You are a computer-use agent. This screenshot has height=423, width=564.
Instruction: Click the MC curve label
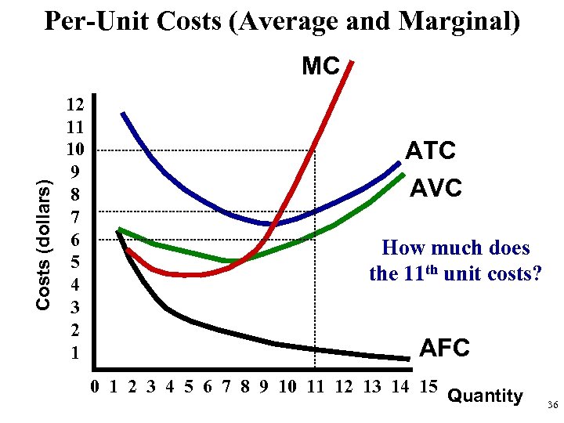[x=320, y=67]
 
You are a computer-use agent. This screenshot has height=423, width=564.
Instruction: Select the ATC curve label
[x=430, y=150]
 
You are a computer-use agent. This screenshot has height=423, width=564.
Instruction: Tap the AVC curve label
[x=437, y=188]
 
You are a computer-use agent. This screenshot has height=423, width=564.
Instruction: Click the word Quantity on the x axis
[x=485, y=396]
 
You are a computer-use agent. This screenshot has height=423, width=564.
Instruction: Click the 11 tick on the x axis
[x=315, y=386]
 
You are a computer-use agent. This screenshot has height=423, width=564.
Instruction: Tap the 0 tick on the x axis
[x=95, y=386]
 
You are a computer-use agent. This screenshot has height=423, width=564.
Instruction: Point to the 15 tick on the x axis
[x=428, y=386]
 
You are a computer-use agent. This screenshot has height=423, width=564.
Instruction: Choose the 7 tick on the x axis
[x=226, y=386]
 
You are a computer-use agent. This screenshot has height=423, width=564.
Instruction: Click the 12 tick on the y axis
[x=75, y=103]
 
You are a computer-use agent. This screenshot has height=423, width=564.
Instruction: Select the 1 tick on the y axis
[x=75, y=353]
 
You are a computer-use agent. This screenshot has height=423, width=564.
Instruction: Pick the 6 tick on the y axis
[x=75, y=239]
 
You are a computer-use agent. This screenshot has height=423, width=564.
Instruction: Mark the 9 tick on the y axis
[x=75, y=172]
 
